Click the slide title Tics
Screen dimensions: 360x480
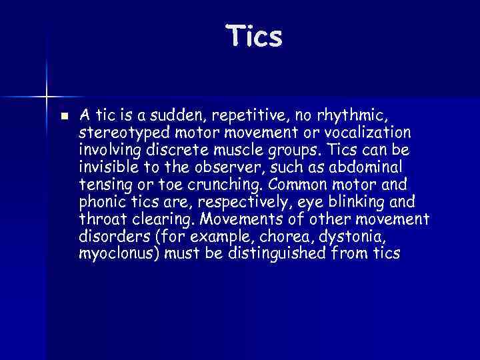click(x=254, y=36)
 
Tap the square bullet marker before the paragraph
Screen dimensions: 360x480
click(x=63, y=115)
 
